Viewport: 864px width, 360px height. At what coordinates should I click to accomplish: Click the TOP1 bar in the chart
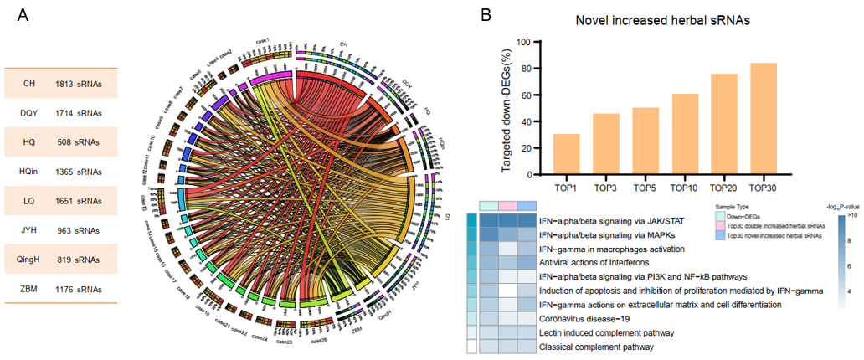point(567,154)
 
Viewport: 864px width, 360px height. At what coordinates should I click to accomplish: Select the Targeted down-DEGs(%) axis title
point(508,109)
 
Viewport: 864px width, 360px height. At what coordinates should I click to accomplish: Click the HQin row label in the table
point(29,172)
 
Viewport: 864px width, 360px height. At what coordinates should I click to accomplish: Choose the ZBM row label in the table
point(29,289)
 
